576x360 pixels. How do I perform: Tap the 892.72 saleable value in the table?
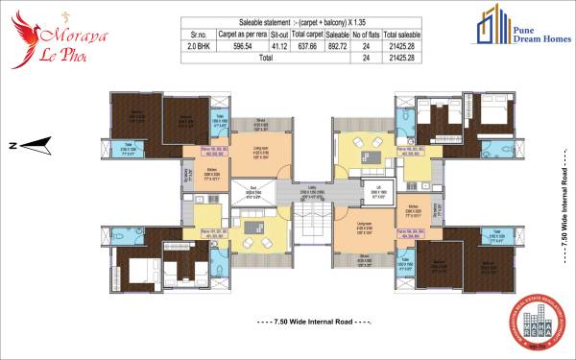pyautogui.click(x=338, y=45)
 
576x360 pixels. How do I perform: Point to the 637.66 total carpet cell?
pyautogui.click(x=309, y=45)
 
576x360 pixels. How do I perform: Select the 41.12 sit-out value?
pyautogui.click(x=278, y=45)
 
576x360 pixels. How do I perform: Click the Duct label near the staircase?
pyautogui.click(x=252, y=188)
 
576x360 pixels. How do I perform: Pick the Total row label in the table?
pyautogui.click(x=260, y=58)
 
